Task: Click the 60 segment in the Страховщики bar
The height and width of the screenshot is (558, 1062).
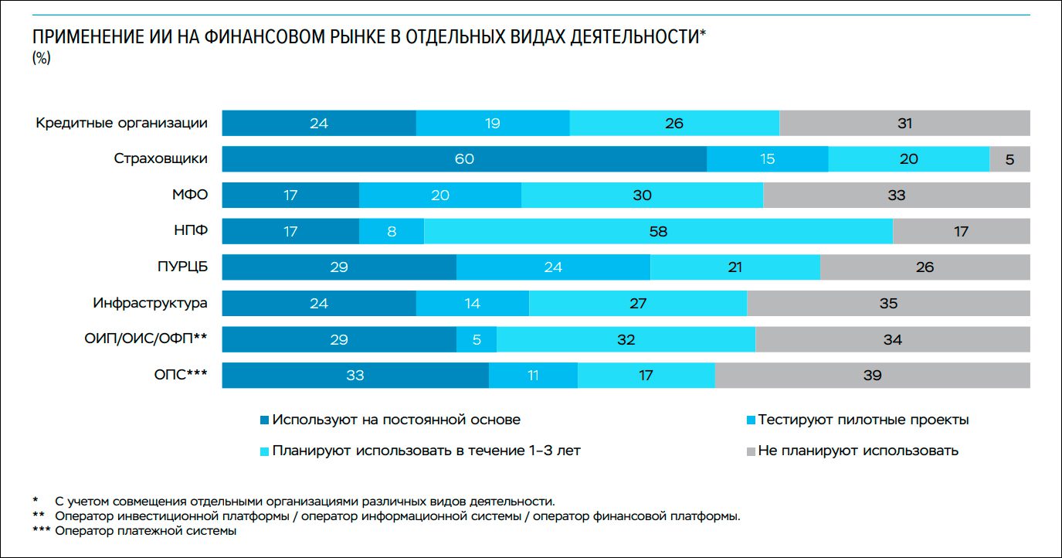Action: click(x=464, y=159)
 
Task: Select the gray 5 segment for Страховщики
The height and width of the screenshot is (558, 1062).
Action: click(x=1009, y=159)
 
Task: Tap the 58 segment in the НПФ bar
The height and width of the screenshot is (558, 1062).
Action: click(x=658, y=231)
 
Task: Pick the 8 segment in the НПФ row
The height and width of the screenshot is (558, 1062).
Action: click(x=392, y=231)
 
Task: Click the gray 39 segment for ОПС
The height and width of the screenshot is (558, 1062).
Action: click(x=872, y=376)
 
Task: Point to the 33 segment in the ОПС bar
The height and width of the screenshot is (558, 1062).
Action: click(x=355, y=376)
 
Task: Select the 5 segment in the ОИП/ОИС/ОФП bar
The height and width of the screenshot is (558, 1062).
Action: click(x=477, y=339)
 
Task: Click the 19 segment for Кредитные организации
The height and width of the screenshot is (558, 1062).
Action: click(x=493, y=123)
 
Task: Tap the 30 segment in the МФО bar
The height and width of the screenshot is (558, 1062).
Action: click(x=642, y=196)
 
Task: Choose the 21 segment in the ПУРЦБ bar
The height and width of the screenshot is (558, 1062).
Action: click(x=735, y=267)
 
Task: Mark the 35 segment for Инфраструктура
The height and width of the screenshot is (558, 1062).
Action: click(x=888, y=303)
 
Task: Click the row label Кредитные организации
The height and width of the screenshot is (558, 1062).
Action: click(x=122, y=123)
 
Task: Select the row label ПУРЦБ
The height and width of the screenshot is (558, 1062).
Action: click(x=182, y=267)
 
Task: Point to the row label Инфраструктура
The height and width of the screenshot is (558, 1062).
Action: click(x=150, y=303)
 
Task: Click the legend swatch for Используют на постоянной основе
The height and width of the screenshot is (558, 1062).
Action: click(x=265, y=420)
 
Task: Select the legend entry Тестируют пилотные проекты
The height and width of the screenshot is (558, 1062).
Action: click(x=863, y=420)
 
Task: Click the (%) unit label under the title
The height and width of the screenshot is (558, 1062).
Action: click(x=41, y=59)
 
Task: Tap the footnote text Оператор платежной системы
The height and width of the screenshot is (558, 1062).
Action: click(x=146, y=531)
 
